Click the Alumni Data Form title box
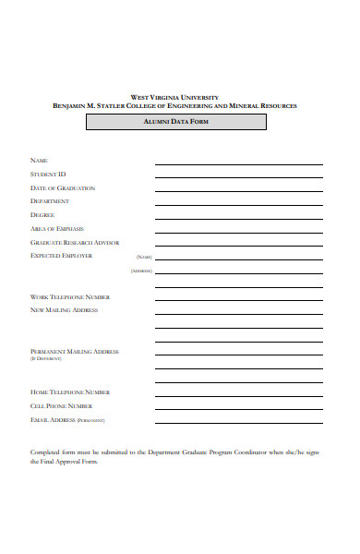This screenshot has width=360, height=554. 175,122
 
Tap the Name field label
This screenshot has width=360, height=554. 39,161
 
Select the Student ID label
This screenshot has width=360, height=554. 48,174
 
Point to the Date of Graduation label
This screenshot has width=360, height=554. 63,187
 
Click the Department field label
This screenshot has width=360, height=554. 50,200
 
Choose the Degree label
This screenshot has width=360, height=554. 42,214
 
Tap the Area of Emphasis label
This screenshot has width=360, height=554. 57,228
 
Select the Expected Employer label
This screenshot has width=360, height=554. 62,255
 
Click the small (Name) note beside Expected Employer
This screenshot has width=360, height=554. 144,257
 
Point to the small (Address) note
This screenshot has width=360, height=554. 141,271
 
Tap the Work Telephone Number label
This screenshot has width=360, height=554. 70,296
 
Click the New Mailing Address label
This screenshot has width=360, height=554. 65,310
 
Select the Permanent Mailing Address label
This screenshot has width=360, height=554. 75,351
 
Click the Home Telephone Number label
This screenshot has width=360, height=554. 71,392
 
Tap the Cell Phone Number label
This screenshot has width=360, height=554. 62,405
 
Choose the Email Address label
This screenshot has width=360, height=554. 54,419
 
